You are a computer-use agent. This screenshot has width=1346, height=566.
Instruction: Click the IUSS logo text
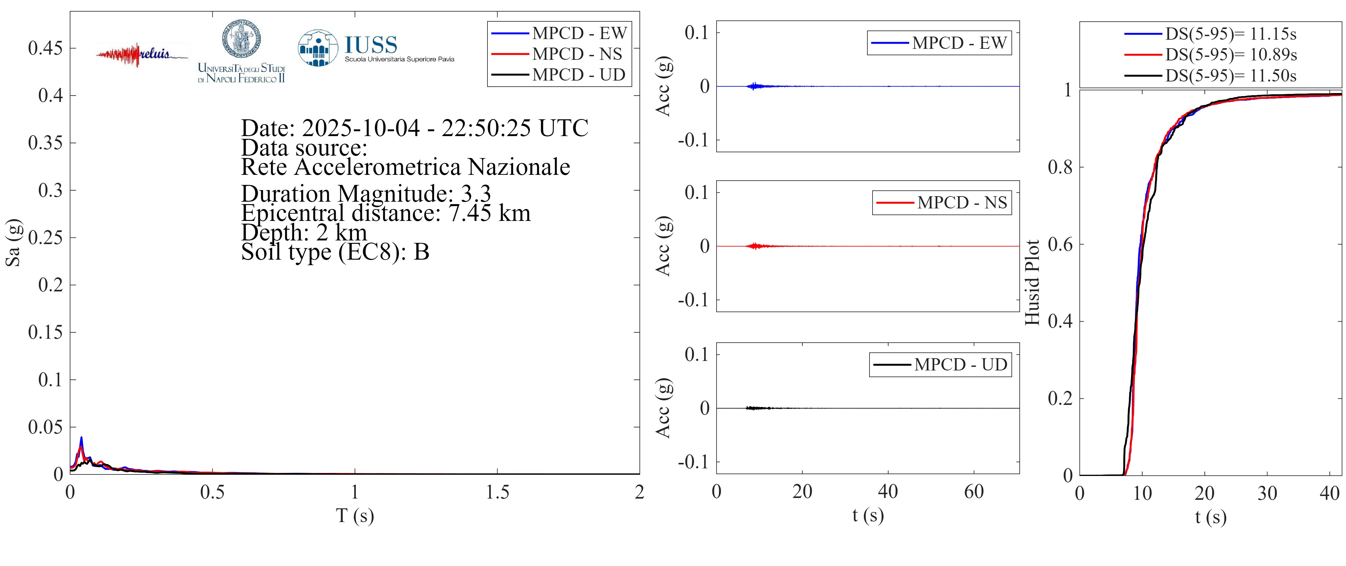(x=371, y=45)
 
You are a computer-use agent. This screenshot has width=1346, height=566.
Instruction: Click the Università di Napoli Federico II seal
(x=241, y=39)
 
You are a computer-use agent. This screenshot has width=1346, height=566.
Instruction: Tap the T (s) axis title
(x=355, y=515)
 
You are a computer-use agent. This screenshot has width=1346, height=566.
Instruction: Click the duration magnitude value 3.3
(x=476, y=193)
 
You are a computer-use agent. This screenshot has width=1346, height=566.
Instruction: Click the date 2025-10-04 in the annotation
(x=360, y=128)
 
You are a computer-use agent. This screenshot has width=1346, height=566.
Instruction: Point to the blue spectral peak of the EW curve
(x=81, y=437)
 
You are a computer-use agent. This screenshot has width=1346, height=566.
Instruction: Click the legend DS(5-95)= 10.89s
(x=1231, y=54)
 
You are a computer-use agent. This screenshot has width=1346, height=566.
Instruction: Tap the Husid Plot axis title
(x=1032, y=283)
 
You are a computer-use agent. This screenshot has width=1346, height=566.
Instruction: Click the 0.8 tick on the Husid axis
(x=1060, y=168)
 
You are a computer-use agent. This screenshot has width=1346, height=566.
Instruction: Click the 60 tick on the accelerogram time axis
(x=973, y=492)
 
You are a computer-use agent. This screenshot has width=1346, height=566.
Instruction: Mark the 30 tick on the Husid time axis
(x=1267, y=493)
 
